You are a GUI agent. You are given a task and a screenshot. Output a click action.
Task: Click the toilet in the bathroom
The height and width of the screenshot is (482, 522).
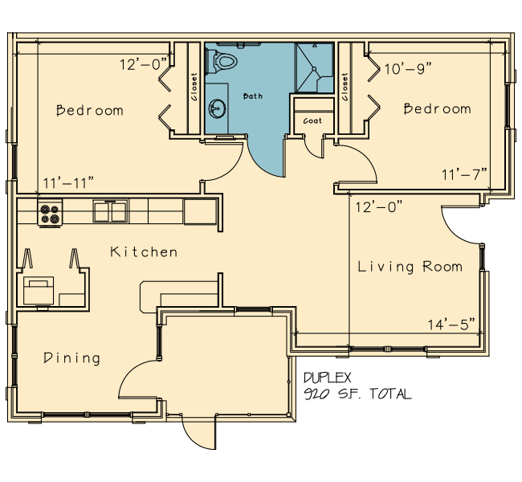pos(222,61)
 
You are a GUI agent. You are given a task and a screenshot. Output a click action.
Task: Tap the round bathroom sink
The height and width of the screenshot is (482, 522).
pos(217,108)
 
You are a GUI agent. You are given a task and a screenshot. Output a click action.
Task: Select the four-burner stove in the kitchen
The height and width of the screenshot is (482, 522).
pos(50,213)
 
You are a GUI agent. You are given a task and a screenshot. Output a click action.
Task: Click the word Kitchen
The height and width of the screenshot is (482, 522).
pos(144,251)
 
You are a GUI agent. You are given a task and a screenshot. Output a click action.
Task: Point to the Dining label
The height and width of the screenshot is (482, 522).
pos(71,357)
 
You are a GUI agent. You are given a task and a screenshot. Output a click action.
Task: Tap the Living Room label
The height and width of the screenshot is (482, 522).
pos(410,267)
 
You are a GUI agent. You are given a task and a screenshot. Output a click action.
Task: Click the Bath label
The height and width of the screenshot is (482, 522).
pos(253,96)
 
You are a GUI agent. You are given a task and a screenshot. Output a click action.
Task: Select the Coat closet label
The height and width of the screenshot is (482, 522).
pos(312,121)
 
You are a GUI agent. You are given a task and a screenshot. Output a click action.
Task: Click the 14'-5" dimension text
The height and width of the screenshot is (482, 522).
pos(451,324)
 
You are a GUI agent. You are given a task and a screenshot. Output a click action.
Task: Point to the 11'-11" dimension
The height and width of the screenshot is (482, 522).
pos(68,182)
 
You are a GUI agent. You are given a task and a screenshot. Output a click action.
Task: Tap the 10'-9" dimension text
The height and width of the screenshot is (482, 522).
pos(408,69)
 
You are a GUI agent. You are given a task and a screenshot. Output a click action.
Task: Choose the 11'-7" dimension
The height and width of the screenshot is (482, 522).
pos(464,174)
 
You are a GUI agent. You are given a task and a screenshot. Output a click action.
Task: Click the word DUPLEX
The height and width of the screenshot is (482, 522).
pos(327,378)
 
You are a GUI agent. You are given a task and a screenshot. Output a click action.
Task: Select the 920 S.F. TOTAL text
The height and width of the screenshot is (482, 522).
pos(358,394)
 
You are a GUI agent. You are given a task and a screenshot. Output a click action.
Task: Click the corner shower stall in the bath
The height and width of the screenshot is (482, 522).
pos(315,67)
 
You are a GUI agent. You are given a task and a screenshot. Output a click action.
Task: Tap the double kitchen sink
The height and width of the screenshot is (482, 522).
pos(110,210)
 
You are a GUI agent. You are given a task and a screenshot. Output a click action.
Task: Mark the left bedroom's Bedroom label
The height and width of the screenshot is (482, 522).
pos(90,110)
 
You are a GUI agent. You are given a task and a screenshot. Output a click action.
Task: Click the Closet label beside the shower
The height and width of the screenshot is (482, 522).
pos(345,87)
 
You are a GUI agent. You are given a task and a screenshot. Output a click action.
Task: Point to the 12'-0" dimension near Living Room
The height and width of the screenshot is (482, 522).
pos(379,207)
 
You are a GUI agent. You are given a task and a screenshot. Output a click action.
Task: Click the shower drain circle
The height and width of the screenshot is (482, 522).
pos(314,69)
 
